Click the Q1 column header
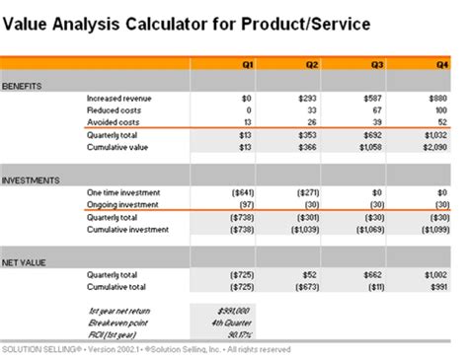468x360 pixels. tap(249, 64)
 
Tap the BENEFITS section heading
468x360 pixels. tap(22, 87)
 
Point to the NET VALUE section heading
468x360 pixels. tap(25, 261)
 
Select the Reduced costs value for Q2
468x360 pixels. tap(314, 110)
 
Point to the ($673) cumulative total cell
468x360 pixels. tap(307, 286)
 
